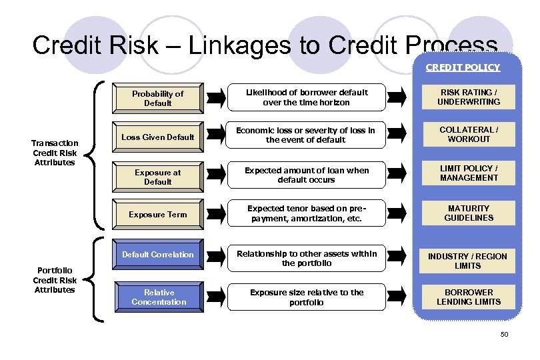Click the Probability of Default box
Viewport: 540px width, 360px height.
[157, 98]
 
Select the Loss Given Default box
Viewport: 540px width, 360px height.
[157, 137]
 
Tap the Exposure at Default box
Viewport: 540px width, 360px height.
[157, 177]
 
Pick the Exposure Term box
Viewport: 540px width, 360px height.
[157, 215]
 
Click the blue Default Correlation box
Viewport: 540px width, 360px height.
[157, 254]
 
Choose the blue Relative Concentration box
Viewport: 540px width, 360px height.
[159, 297]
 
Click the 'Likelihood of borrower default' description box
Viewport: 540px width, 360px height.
[306, 97]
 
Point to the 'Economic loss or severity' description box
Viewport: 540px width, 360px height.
[306, 135]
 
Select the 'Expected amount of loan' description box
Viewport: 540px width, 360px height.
[306, 175]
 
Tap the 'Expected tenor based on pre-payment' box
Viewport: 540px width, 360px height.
[306, 213]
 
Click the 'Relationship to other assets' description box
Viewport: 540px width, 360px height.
[306, 258]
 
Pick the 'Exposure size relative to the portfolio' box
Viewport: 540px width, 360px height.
[306, 297]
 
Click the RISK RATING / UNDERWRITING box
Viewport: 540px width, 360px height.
[468, 97]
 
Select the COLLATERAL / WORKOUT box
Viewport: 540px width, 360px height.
[468, 134]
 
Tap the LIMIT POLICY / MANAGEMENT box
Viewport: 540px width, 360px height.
[468, 173]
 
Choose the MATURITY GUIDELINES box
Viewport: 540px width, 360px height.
[468, 213]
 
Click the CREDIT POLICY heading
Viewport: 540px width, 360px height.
[463, 67]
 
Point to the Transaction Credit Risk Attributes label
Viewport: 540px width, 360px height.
[55, 153]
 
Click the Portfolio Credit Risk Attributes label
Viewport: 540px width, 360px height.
[55, 280]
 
